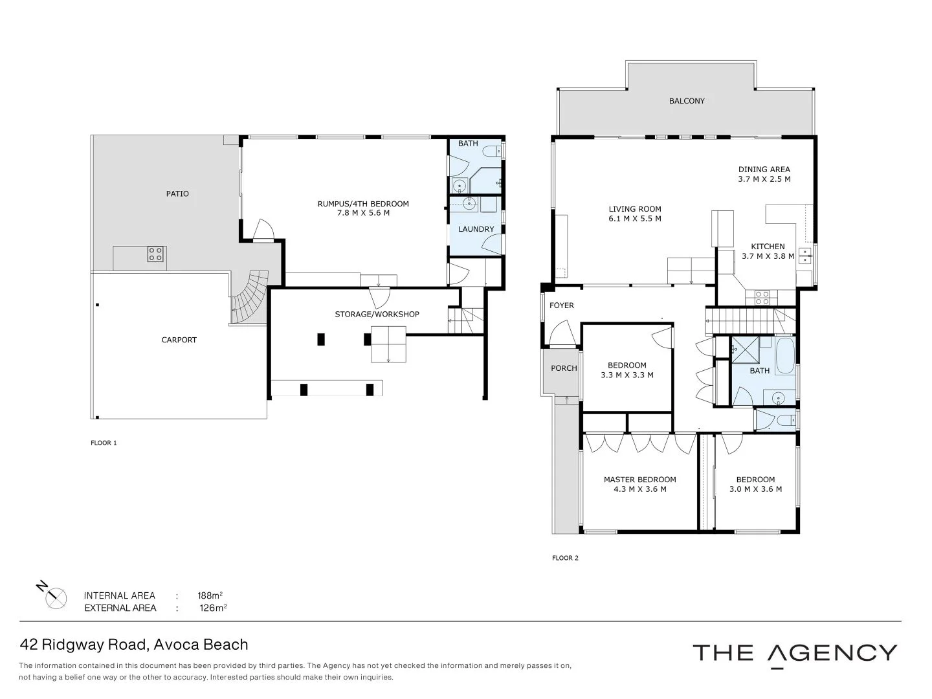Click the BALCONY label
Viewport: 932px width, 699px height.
(x=687, y=101)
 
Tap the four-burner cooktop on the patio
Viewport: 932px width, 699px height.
(x=155, y=254)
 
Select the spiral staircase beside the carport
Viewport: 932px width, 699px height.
(x=250, y=297)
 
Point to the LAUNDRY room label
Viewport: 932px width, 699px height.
(x=476, y=229)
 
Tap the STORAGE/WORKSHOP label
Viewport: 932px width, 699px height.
(x=377, y=315)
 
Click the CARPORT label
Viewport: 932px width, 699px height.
(x=179, y=340)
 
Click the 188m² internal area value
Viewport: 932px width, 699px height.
(x=210, y=595)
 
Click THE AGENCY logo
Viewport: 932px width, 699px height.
(x=795, y=652)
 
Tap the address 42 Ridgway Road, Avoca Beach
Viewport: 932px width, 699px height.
(x=134, y=645)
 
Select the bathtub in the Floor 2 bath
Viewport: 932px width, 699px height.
(x=785, y=356)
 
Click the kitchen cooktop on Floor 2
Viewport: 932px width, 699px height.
(x=762, y=297)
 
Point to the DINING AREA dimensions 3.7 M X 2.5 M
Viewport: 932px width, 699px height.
(x=764, y=179)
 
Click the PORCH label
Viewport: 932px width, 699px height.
(x=564, y=368)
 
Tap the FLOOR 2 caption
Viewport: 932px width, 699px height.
(x=565, y=558)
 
